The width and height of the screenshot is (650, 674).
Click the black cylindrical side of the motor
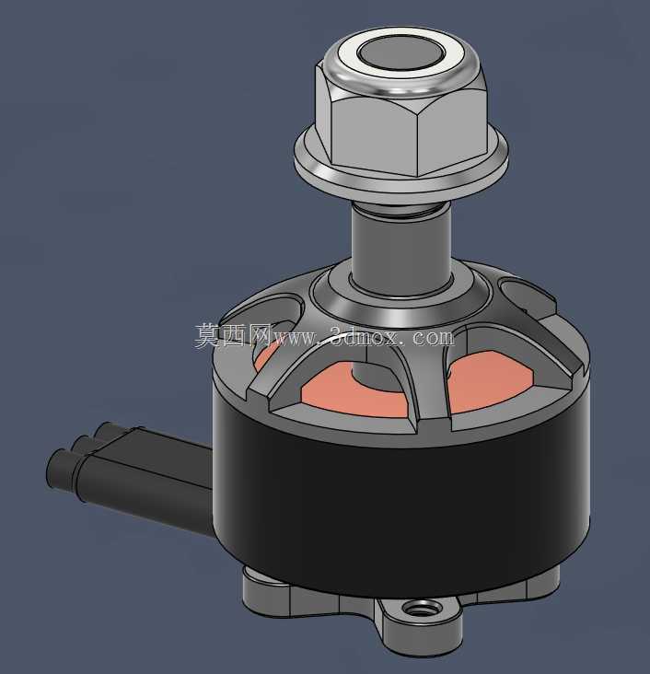pyautogui.click(x=400, y=507)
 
